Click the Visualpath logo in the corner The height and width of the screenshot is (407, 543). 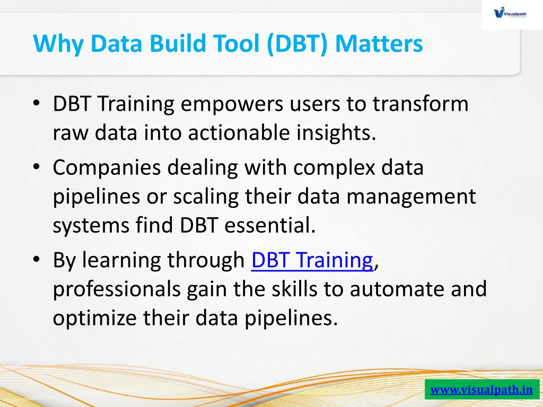pyautogui.click(x=510, y=13)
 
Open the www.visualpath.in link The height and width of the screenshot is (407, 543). pyautogui.click(x=481, y=390)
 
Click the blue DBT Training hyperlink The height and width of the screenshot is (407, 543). pyautogui.click(x=312, y=260)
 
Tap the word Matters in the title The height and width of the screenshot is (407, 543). pyautogui.click(x=379, y=43)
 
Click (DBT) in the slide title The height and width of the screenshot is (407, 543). pyautogui.click(x=297, y=44)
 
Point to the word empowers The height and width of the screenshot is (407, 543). pyautogui.click(x=232, y=104)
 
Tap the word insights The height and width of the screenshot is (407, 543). pyautogui.click(x=336, y=134)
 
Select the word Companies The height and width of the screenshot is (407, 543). pyautogui.click(x=107, y=168)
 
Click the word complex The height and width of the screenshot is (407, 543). pyautogui.click(x=334, y=168)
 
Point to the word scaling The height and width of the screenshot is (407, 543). pyautogui.click(x=206, y=197)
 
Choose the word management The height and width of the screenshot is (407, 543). pyautogui.click(x=411, y=197)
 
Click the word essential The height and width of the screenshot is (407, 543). pyautogui.click(x=270, y=225)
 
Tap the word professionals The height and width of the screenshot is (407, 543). pyautogui.click(x=117, y=290)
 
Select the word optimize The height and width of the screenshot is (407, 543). pyautogui.click(x=94, y=318)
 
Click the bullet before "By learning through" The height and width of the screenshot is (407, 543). pyautogui.click(x=37, y=259)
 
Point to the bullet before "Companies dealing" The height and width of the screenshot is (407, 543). pyautogui.click(x=37, y=166)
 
